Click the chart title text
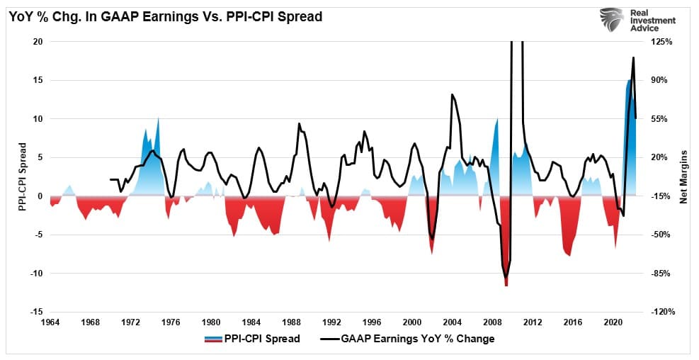[165, 16]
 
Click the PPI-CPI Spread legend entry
[252, 339]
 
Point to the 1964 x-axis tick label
[50, 323]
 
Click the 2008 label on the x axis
[492, 323]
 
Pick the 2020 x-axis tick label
[613, 323]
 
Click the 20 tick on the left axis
[38, 42]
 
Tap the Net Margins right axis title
[683, 176]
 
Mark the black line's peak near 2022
[633, 57]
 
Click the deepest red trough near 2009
[506, 285]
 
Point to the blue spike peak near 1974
[158, 118]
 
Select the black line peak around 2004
[452, 94]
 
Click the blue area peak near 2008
[497, 119]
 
